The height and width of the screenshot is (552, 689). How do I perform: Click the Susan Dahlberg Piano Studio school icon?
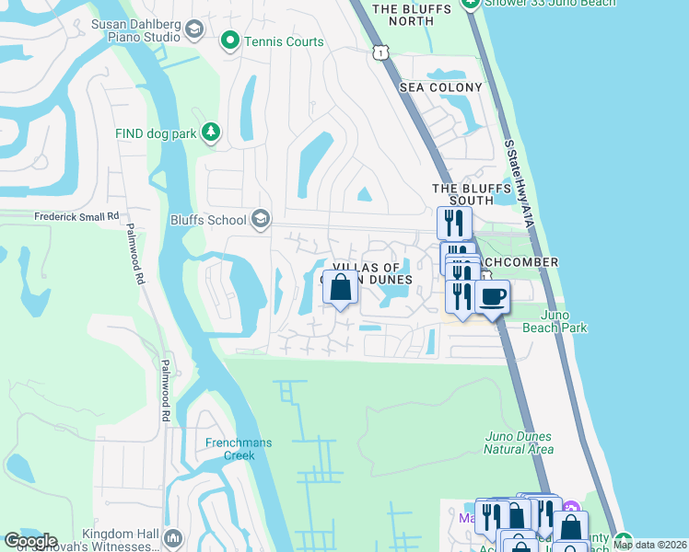point(193,30)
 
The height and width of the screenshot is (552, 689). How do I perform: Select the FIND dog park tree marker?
point(212,133)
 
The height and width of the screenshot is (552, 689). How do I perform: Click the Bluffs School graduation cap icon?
point(261,219)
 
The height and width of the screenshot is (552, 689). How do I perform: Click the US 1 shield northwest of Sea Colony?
point(379,53)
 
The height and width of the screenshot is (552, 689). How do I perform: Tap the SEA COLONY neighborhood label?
point(440,87)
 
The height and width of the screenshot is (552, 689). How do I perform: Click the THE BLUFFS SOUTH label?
point(471,194)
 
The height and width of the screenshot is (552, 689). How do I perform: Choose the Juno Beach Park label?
point(555,321)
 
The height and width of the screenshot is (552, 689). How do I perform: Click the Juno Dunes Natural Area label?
point(520,443)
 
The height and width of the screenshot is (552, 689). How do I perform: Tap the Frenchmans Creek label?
point(239,449)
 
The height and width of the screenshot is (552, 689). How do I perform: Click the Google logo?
point(29,541)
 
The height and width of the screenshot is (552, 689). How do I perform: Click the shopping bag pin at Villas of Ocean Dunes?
point(340,288)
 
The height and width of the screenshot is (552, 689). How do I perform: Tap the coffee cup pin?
point(492,297)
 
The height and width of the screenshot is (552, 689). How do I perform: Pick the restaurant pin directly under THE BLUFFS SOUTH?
point(454,223)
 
